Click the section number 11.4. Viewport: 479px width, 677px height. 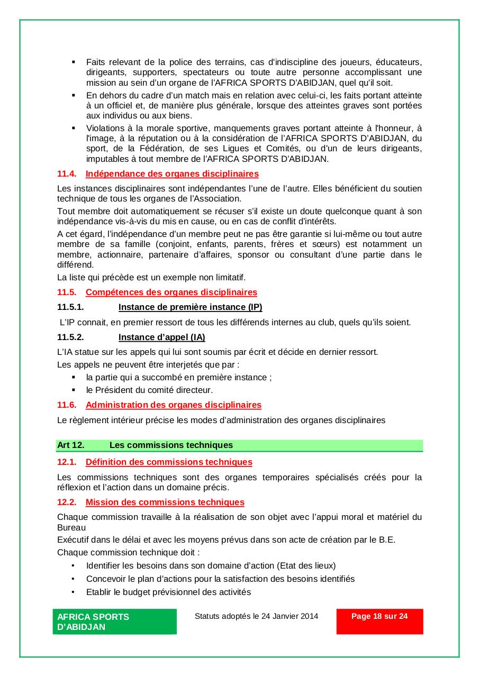[x=67, y=173]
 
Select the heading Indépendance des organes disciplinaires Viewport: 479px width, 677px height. [x=172, y=173]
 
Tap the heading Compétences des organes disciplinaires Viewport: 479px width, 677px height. [x=171, y=292]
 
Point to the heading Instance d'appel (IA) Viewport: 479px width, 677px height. [x=161, y=337]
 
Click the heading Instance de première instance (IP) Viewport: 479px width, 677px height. [x=190, y=307]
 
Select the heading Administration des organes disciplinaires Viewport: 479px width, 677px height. [x=174, y=405]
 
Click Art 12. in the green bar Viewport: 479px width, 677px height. [x=71, y=445]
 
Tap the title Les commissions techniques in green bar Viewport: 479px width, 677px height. [x=171, y=445]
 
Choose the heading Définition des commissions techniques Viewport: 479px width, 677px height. [x=169, y=462]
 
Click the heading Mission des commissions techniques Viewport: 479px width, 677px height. [x=165, y=502]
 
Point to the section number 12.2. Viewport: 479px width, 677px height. [x=67, y=502]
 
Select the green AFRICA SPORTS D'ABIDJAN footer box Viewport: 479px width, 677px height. [x=114, y=621]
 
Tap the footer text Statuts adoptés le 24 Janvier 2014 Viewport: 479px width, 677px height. [x=256, y=616]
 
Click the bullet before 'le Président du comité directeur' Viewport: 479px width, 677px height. [x=74, y=390]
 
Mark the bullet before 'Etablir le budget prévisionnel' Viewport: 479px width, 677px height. [x=74, y=592]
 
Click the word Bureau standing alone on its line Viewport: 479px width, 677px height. [x=71, y=527]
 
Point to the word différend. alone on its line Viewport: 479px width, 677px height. [x=75, y=264]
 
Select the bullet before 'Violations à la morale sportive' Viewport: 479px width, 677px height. [x=74, y=127]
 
